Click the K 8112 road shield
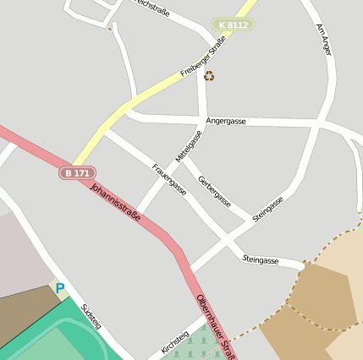click(233, 25)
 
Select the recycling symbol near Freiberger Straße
click(209, 76)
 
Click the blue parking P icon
click(59, 289)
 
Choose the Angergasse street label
click(226, 122)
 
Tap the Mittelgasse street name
click(190, 146)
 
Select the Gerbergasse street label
click(213, 190)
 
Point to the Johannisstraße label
click(116, 204)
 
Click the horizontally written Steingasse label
click(261, 259)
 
